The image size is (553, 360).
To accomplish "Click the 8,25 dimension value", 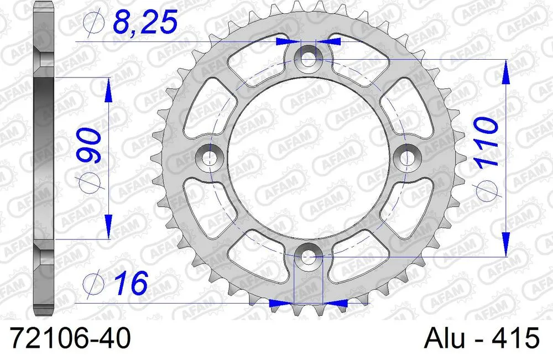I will point(145,23).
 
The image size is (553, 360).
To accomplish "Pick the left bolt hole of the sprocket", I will point(209,158).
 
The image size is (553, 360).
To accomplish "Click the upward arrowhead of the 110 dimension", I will point(505,72).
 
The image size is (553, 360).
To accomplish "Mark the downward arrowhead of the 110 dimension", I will point(505,243).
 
